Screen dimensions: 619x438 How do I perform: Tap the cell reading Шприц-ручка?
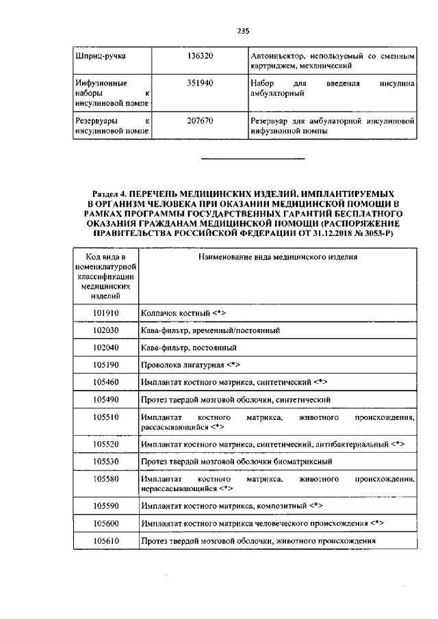click(94, 55)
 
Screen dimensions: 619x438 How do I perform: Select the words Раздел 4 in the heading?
click(109, 195)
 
